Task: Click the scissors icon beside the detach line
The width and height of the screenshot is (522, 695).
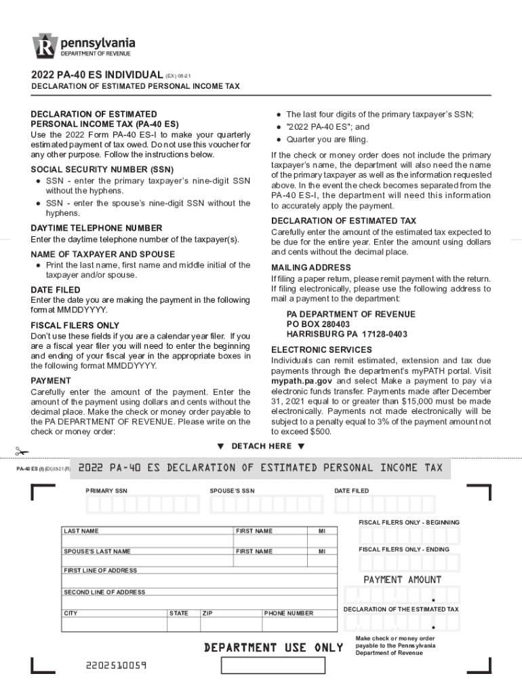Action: coord(22,451)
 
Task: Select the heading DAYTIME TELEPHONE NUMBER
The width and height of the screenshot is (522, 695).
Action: coord(96,228)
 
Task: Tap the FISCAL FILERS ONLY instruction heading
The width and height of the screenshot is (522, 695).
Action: coord(75,325)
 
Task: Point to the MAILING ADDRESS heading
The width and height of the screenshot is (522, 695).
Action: coord(310,267)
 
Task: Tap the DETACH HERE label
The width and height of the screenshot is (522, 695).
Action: coord(261,446)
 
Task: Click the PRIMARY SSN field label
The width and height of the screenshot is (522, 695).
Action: coord(106,491)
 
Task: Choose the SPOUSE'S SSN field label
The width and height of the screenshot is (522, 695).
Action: coord(232,491)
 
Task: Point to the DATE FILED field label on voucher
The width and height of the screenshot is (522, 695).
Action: coord(351,491)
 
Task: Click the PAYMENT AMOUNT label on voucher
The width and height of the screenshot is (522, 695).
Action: coord(402,580)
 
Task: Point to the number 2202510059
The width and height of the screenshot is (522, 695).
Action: coord(116,665)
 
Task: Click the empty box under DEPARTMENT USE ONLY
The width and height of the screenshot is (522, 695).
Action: coord(274,665)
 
